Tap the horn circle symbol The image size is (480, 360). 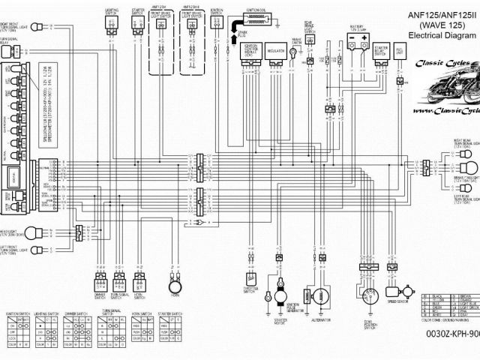pos(175,287)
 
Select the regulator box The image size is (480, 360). pos(276,52)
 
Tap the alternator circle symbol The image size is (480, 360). pos(321,298)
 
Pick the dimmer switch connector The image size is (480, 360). pos(100,283)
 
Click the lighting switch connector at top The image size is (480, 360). pos(111,25)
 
